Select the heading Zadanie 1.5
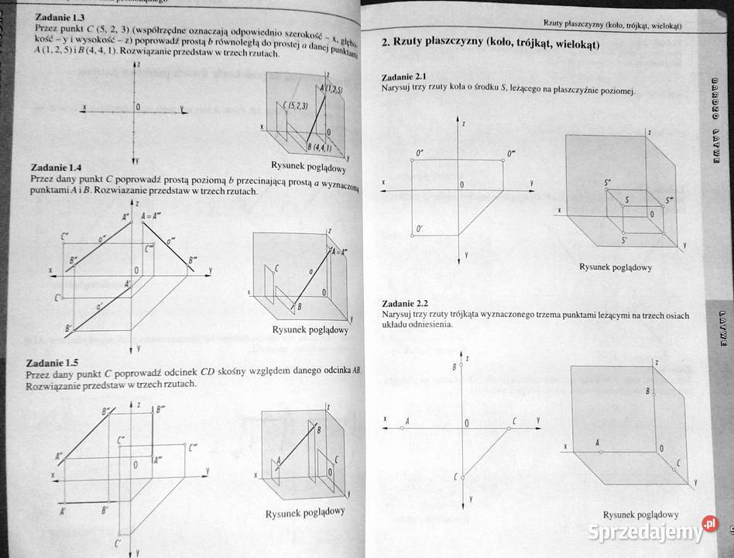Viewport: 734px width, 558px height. tap(51, 362)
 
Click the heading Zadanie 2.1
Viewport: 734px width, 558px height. tap(405, 77)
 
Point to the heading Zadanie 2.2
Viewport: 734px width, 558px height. tap(404, 303)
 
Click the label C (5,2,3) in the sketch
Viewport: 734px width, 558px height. tap(295, 105)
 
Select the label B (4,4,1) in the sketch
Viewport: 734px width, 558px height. tap(318, 146)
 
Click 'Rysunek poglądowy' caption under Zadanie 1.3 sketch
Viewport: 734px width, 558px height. tap(308, 167)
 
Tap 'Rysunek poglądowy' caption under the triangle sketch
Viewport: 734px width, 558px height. tap(640, 515)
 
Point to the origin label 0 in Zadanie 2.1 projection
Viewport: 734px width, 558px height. tap(461, 184)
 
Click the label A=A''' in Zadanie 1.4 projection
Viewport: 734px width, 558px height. tap(153, 216)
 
